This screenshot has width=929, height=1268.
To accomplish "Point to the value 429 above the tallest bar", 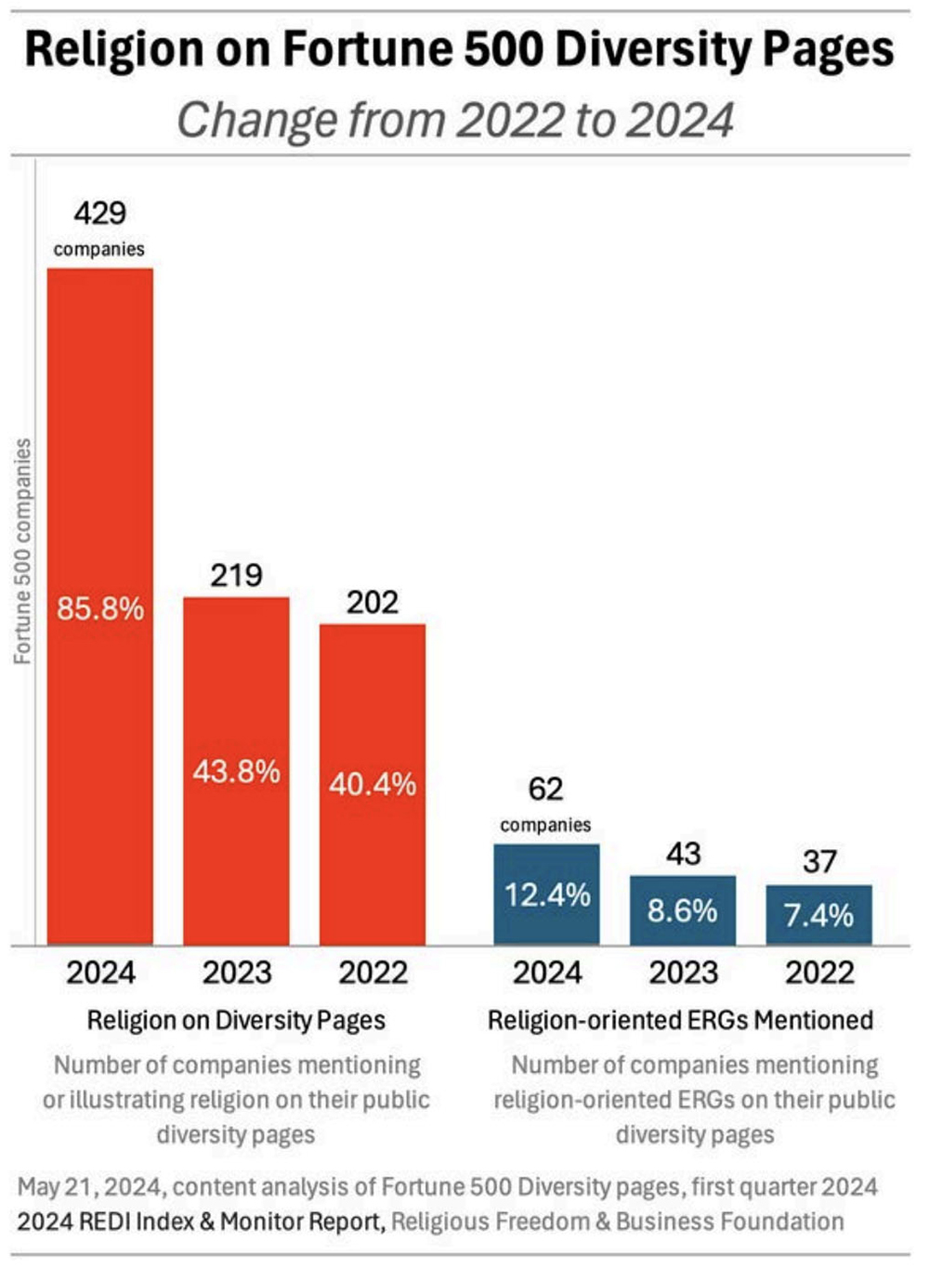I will (99, 214).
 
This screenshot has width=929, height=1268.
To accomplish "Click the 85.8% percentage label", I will (100, 608).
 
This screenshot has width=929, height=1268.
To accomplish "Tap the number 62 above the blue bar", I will (545, 790).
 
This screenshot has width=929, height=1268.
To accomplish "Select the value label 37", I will (819, 861).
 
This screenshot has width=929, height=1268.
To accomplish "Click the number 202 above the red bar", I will (373, 603).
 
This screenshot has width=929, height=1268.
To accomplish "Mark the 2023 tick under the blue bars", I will (683, 973).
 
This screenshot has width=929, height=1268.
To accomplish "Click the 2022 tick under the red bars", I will (373, 973).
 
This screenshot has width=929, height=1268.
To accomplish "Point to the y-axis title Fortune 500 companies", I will (22, 551).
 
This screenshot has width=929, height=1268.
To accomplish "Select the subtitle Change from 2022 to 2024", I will (455, 120).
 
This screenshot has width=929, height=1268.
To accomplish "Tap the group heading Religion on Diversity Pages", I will (236, 1020).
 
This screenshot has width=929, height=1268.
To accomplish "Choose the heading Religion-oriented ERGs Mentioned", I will (680, 1020).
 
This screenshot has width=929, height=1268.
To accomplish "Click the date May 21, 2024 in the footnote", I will (90, 1186).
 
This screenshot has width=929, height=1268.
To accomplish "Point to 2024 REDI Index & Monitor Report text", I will (200, 1221).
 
